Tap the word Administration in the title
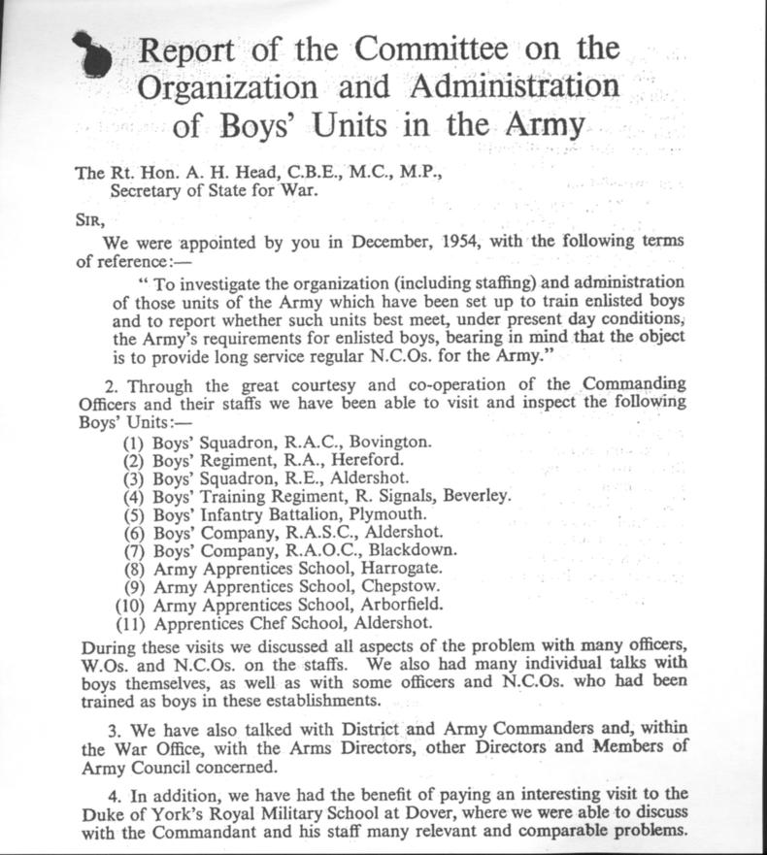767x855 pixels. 514,86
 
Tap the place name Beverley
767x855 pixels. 477,495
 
